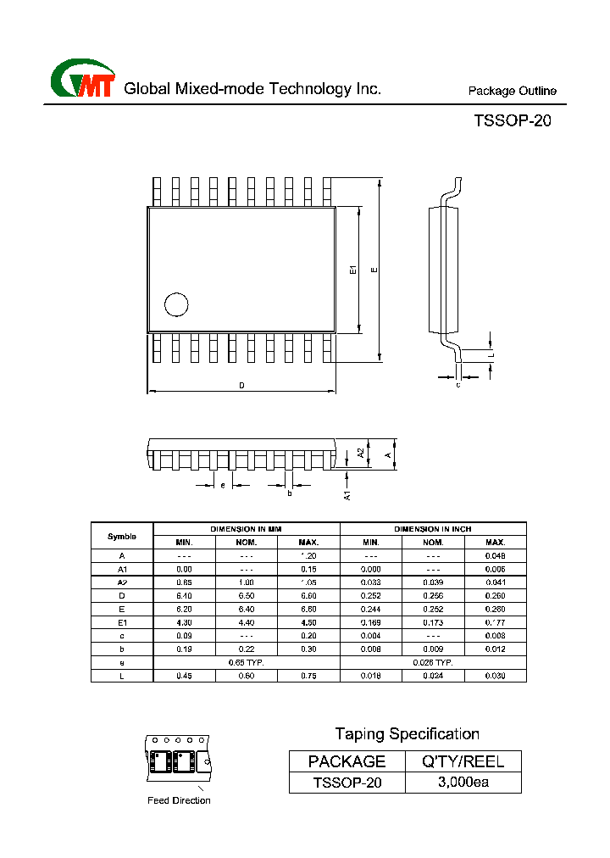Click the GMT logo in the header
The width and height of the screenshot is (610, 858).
(82, 81)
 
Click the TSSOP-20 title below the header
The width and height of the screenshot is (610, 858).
(513, 121)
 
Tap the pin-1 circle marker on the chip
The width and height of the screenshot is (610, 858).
(175, 304)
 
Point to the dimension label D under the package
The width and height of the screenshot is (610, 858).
(241, 386)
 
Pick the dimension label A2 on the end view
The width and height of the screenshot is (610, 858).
(361, 454)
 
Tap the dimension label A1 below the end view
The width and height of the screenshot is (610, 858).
(347, 494)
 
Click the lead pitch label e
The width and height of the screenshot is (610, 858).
(222, 485)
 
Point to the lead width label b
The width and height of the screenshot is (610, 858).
(289, 493)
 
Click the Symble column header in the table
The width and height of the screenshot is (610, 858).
(122, 536)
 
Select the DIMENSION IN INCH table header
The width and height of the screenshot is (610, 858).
(433, 529)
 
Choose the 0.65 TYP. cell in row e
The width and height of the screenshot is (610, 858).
(246, 662)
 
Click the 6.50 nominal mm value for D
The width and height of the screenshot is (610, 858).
(247, 596)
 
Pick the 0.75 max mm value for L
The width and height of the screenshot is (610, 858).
(308, 676)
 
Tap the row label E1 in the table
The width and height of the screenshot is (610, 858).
(122, 622)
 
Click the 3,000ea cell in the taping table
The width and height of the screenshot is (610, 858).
(463, 783)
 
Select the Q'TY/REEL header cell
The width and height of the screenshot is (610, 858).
(463, 761)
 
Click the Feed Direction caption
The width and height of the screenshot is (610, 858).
(179, 800)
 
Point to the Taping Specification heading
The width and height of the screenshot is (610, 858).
(407, 734)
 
